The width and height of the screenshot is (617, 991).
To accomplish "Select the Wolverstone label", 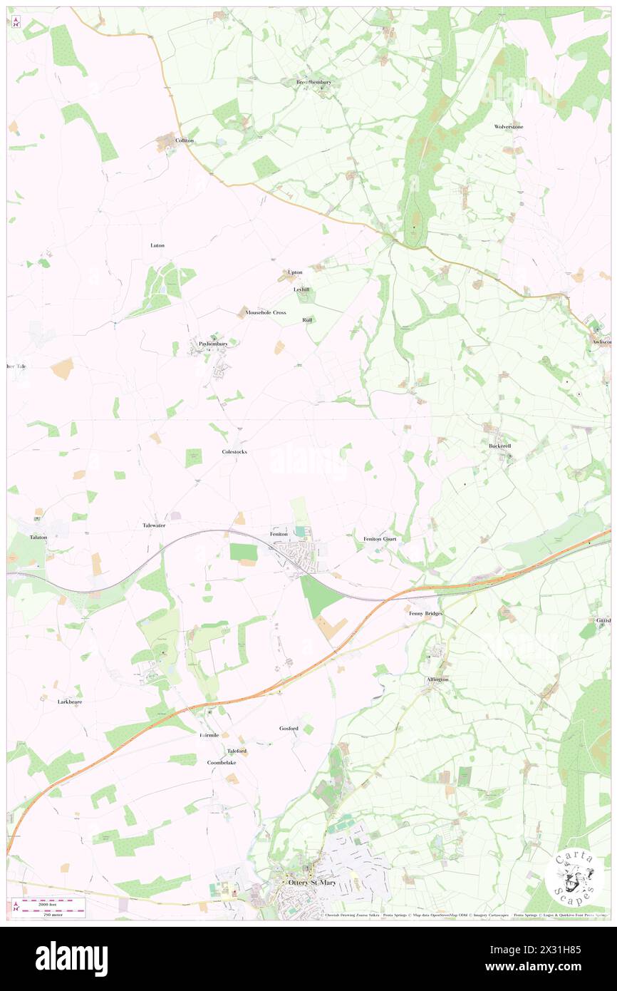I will pyautogui.click(x=509, y=127).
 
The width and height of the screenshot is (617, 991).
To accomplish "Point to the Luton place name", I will pyautogui.click(x=157, y=245).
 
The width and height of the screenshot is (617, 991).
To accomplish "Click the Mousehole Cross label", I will pyautogui.click(x=265, y=312).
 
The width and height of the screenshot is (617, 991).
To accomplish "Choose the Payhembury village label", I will pyautogui.click(x=213, y=344).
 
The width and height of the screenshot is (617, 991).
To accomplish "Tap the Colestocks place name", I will pyautogui.click(x=234, y=452).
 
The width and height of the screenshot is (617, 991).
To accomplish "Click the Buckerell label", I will pyautogui.click(x=500, y=446).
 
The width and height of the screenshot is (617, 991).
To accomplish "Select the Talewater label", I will pyautogui.click(x=154, y=525).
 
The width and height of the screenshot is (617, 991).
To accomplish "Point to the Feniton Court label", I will pyautogui.click(x=380, y=538).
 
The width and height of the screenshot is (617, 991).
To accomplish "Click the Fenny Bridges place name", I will pyautogui.click(x=426, y=612).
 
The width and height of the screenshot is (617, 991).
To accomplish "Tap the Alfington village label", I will pyautogui.click(x=437, y=679).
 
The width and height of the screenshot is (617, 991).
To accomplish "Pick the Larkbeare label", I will pyautogui.click(x=70, y=702).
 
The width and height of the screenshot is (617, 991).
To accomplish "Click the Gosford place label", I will pyautogui.click(x=289, y=728).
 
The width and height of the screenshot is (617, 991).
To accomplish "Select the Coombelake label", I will pyautogui.click(x=222, y=762).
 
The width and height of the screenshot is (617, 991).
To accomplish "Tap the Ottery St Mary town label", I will pyautogui.click(x=311, y=882).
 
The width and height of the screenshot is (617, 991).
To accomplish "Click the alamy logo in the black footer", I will pyautogui.click(x=71, y=957).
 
